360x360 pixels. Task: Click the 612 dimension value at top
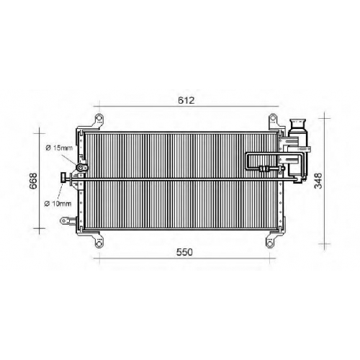[x=186, y=100]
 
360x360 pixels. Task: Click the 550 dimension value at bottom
[x=184, y=252]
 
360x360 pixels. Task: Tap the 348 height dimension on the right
[x=318, y=181]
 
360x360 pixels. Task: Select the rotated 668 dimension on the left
[x=33, y=181]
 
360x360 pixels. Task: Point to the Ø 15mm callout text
[x=59, y=148]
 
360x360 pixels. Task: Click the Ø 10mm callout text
[x=58, y=204]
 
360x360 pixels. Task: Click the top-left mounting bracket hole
[x=99, y=119]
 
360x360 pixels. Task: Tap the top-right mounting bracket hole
[x=272, y=119]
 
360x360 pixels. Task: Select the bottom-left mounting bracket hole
[x=99, y=244]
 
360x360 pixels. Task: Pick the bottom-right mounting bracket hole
[x=270, y=244]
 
